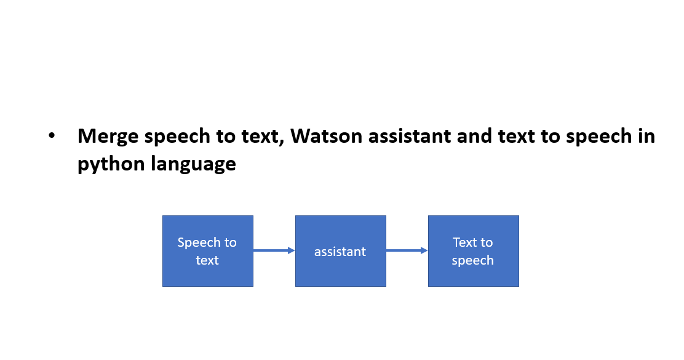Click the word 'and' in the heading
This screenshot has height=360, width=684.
[x=472, y=137]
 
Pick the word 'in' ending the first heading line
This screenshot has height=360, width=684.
[x=646, y=137]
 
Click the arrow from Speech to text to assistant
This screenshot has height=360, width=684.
[x=274, y=250]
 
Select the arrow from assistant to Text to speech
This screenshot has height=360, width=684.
[x=407, y=250]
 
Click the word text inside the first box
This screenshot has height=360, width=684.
[x=207, y=260]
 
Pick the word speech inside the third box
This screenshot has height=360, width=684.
[x=472, y=260]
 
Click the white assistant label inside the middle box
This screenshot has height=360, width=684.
[x=340, y=252]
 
